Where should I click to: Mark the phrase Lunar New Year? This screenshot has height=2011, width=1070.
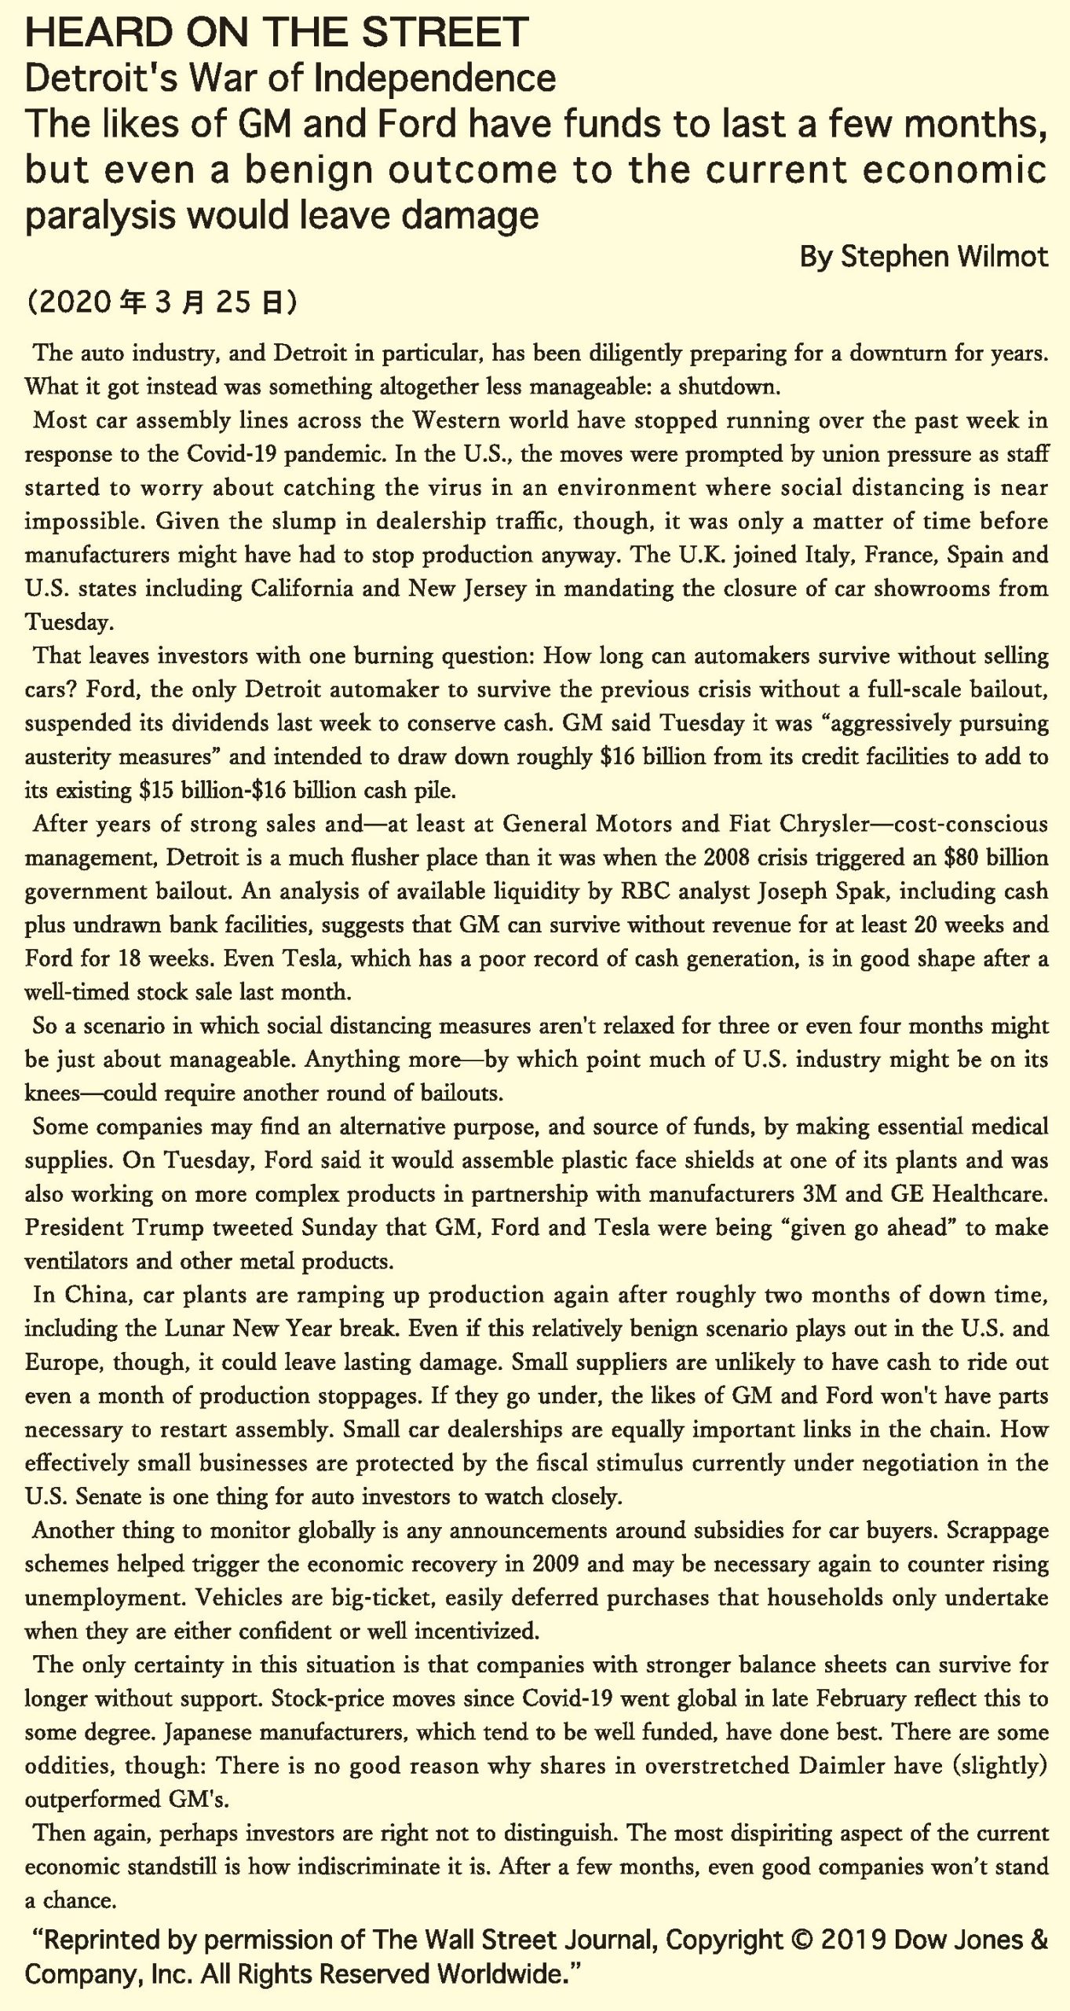(x=249, y=1328)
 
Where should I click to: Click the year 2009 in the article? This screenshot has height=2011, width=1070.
(x=556, y=1563)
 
